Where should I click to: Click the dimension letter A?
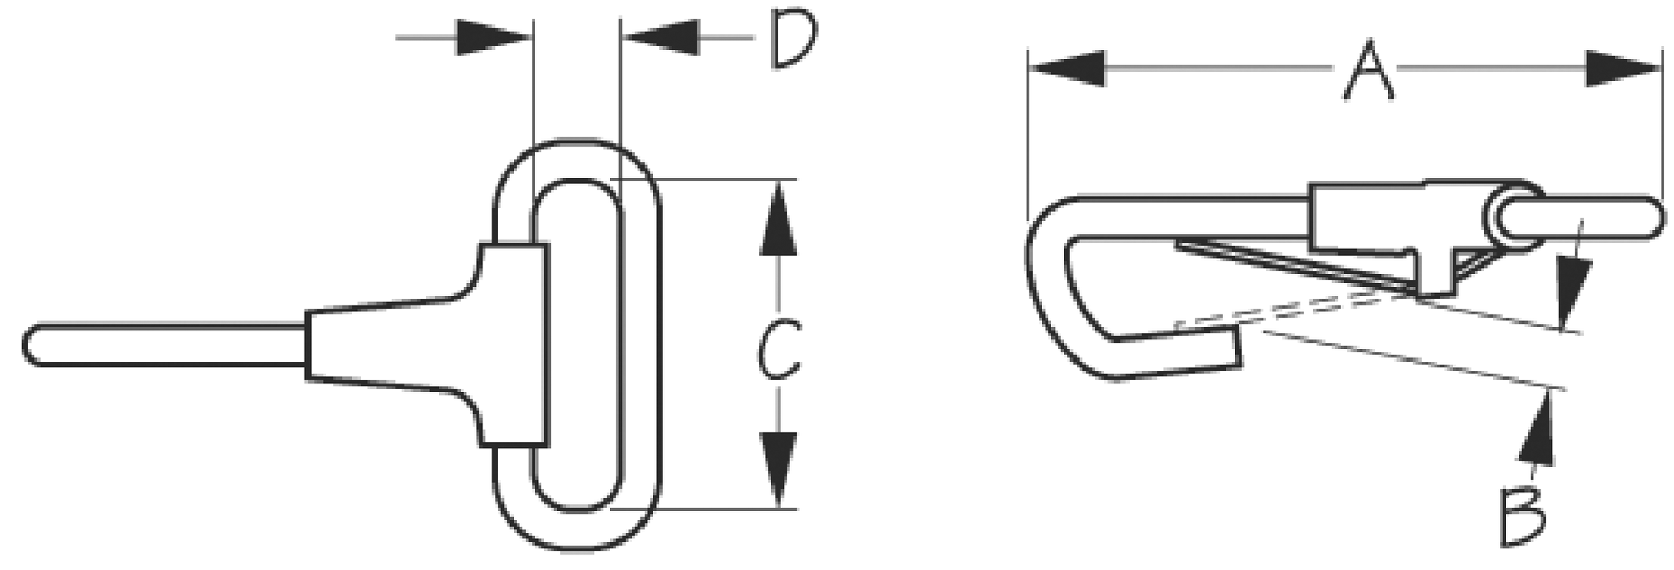(1370, 70)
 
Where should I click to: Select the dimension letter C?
(777, 348)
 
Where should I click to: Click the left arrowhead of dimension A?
(1067, 68)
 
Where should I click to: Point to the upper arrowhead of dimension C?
(780, 218)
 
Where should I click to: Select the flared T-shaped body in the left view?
(427, 344)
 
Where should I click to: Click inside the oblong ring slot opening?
(577, 344)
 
